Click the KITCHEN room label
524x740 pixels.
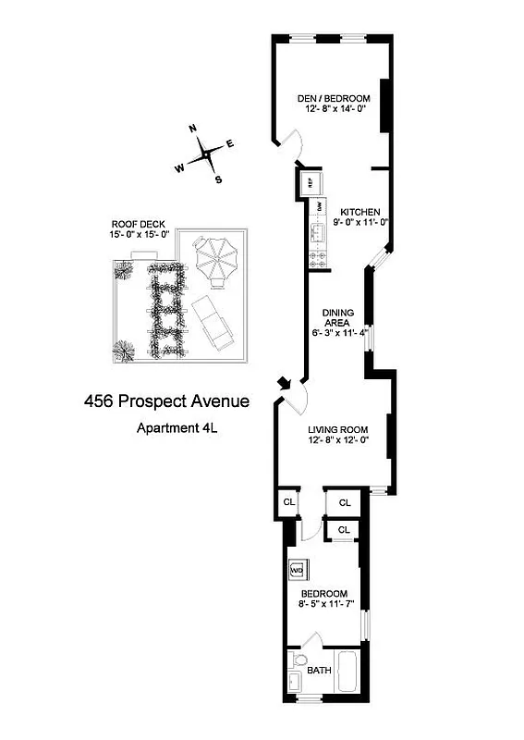[x=355, y=211]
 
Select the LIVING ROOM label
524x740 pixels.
[x=338, y=429]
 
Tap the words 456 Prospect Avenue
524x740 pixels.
[x=166, y=401]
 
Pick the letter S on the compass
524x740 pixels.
[x=218, y=179]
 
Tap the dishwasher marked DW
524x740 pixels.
[x=320, y=207]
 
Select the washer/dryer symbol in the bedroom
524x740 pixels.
[x=298, y=570]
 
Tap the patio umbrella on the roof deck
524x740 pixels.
[x=214, y=260]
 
